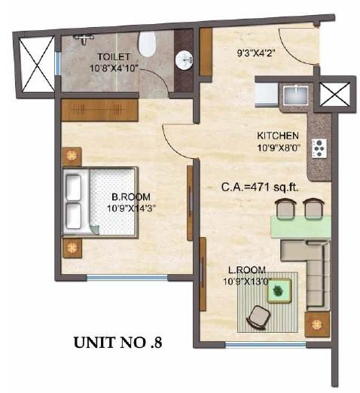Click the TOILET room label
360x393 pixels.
113,56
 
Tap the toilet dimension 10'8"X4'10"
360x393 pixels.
113,69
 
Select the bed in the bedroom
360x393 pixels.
98,201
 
